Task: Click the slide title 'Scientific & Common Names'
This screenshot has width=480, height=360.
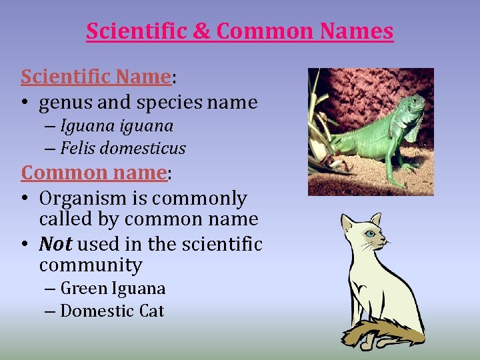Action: point(239,31)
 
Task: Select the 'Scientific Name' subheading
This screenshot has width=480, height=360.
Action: point(96,77)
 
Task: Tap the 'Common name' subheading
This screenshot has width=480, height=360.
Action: point(94,173)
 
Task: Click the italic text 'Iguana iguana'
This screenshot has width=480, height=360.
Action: point(117,126)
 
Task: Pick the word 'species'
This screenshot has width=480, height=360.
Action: point(175,103)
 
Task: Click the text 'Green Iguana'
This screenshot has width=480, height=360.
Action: point(113,289)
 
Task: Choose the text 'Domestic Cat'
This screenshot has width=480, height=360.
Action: point(112,311)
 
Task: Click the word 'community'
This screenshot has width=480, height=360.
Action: point(91,265)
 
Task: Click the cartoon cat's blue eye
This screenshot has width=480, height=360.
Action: point(369,234)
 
